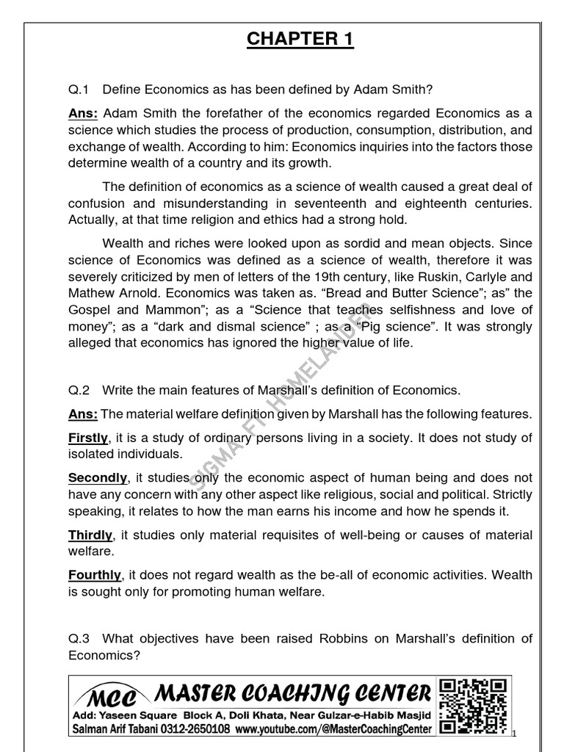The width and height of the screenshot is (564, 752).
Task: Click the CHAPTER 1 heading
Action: pos(300,39)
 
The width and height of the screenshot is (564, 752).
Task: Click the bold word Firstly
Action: pos(88,438)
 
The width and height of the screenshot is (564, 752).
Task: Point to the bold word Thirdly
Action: pos(90,535)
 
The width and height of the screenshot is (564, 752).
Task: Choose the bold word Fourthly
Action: pos(94,574)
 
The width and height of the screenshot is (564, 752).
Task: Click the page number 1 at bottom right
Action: pos(516,732)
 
